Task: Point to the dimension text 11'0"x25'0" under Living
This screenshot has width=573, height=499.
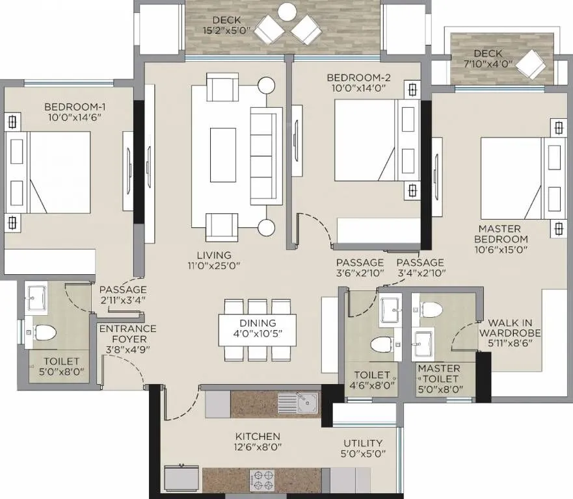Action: point(215,266)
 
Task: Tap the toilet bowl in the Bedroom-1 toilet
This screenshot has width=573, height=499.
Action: point(44,332)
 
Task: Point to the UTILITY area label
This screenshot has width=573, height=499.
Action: point(364,443)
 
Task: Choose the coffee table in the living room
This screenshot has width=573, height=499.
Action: point(222,155)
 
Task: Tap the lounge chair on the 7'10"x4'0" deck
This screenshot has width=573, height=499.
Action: point(531,64)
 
